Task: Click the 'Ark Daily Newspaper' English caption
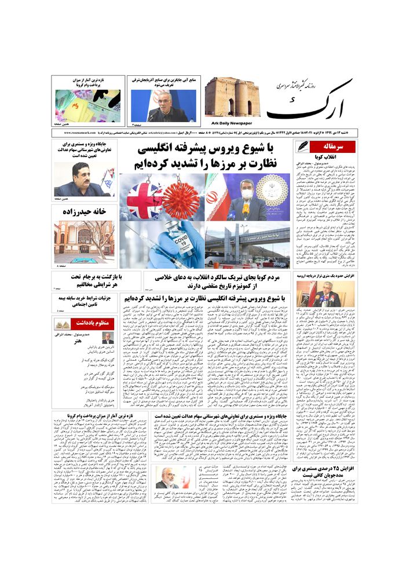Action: [x=228, y=123]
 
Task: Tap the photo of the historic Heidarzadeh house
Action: [x=85, y=242]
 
